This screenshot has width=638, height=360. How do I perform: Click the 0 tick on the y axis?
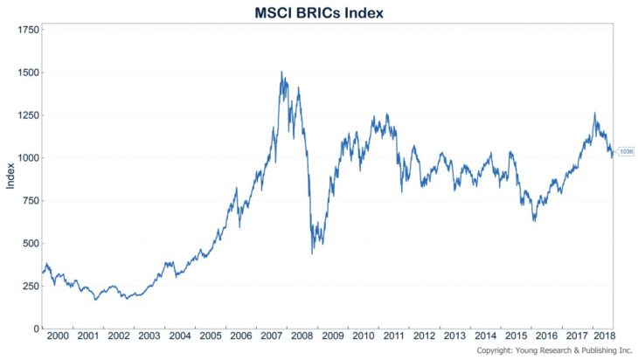(36, 329)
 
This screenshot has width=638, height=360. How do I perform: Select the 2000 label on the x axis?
(57, 336)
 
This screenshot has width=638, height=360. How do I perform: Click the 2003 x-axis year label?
(149, 336)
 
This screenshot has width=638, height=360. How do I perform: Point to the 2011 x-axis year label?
(392, 336)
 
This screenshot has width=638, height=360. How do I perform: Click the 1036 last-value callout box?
(625, 152)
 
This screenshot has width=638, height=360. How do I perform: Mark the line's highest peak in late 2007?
(281, 73)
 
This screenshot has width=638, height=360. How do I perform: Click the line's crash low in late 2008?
(312, 253)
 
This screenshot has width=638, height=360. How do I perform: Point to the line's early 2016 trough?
(534, 220)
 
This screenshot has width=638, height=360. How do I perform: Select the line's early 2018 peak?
(595, 113)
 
